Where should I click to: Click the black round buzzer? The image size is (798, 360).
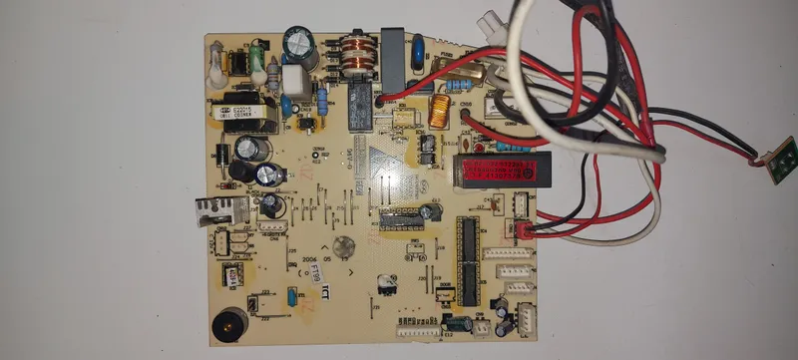(x=228, y=325)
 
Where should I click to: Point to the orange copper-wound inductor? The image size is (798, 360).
(x=438, y=112)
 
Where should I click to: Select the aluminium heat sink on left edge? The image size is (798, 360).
(x=220, y=209)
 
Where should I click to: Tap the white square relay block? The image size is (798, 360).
(x=292, y=79)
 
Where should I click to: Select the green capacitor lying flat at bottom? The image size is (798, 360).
(x=458, y=323)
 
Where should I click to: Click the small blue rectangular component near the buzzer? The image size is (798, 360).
(x=290, y=296)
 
